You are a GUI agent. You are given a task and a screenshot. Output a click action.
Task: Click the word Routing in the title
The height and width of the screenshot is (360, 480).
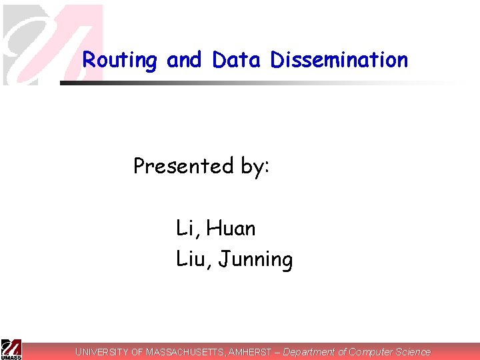[x=120, y=61]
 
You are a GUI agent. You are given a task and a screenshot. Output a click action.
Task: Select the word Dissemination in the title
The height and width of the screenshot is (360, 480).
[x=339, y=60]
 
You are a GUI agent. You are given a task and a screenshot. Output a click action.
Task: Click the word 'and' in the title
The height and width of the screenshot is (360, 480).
[x=184, y=60]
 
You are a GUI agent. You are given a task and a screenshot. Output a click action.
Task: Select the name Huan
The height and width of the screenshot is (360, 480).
[x=231, y=229]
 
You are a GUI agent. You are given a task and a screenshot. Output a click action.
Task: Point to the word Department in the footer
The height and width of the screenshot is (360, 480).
[x=309, y=351]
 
